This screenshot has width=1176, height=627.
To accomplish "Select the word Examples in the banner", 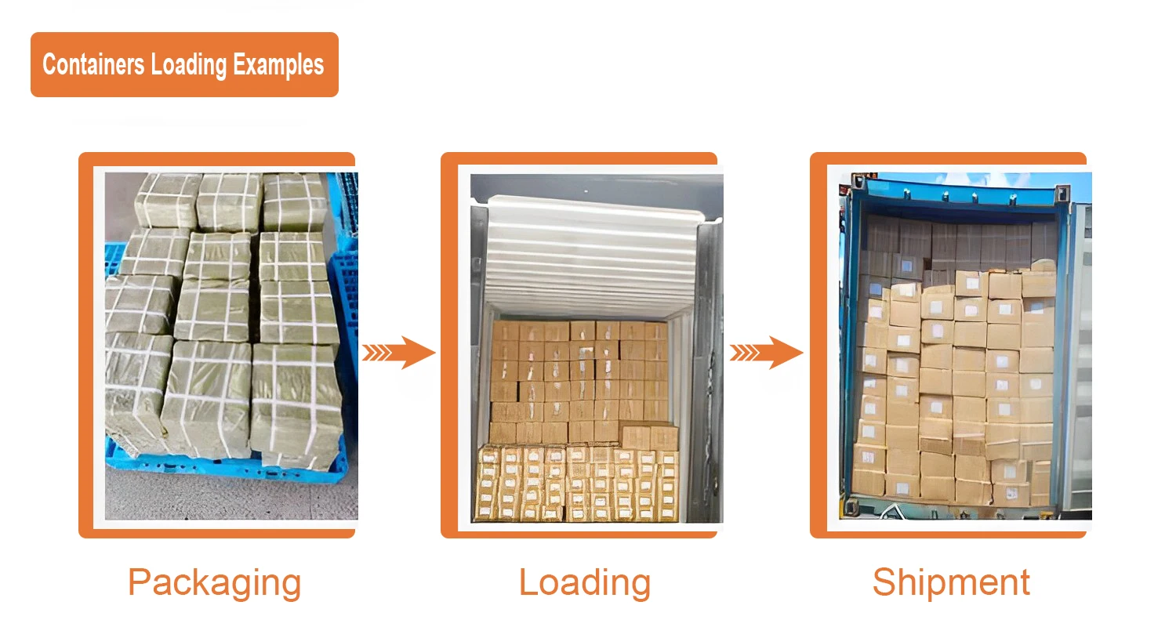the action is point(278,64).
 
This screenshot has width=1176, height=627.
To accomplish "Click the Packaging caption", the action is point(214,582).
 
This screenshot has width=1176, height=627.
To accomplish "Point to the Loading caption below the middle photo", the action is point(585,582).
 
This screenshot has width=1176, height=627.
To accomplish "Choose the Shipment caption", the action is point(951,582).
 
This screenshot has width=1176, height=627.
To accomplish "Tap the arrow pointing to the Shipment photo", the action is point(767,352).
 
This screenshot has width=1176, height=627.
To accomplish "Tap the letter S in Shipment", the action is point(884,582).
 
